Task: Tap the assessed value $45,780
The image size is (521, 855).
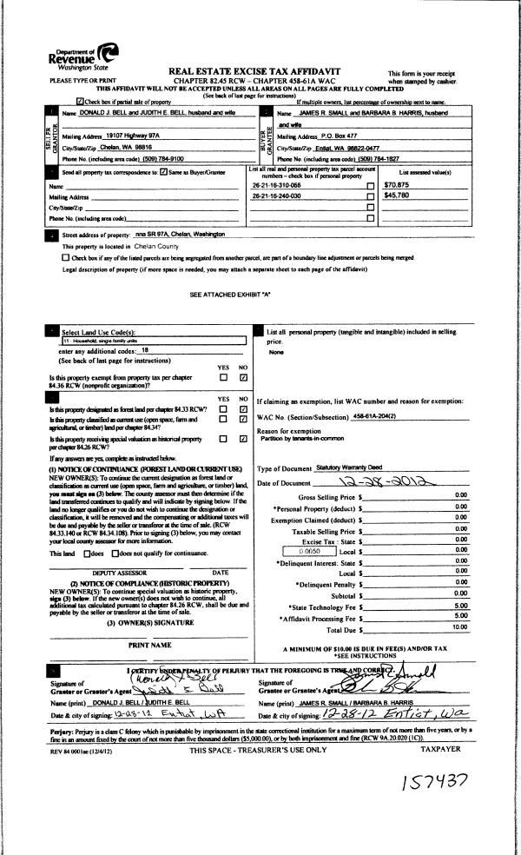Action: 397,196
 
